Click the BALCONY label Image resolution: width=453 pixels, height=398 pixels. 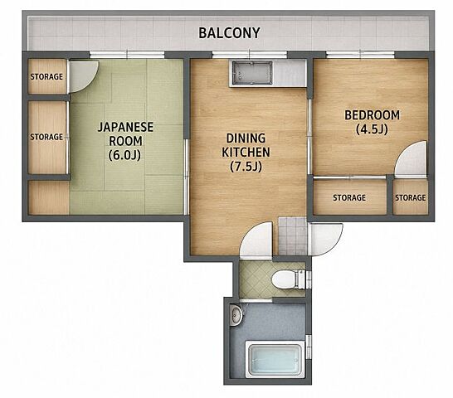pos(229,33)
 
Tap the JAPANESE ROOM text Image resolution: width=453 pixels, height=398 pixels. pos(125,134)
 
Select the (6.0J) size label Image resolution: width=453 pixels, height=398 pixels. pos(124,155)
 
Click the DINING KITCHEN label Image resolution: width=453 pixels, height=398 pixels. pos(246,145)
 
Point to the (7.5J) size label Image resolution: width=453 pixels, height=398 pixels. pos(246,167)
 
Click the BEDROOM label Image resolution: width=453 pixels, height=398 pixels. pos(372,115)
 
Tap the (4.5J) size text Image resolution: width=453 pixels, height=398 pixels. pos(372,129)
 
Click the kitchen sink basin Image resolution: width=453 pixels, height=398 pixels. pos(251,73)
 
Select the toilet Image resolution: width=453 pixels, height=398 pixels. pos(289,279)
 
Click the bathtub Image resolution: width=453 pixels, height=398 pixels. pos(275,359)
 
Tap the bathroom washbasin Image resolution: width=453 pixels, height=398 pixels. pos(236,315)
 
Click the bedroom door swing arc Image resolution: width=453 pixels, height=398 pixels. pos(410,158)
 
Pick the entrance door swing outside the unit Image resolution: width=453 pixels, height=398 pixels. pos(325,239)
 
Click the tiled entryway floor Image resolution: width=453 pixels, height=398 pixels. pos(292,236)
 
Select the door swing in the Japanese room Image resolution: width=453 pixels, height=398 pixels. pos(84,76)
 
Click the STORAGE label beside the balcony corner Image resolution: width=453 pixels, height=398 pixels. pos(46,76)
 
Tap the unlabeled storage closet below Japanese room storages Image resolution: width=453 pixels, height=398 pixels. pos(49,197)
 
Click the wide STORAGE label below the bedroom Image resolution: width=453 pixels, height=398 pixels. pos(349,197)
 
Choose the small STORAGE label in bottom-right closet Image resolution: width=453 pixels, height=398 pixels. pos(410,197)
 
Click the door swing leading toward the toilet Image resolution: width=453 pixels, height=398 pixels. pos(256,239)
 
